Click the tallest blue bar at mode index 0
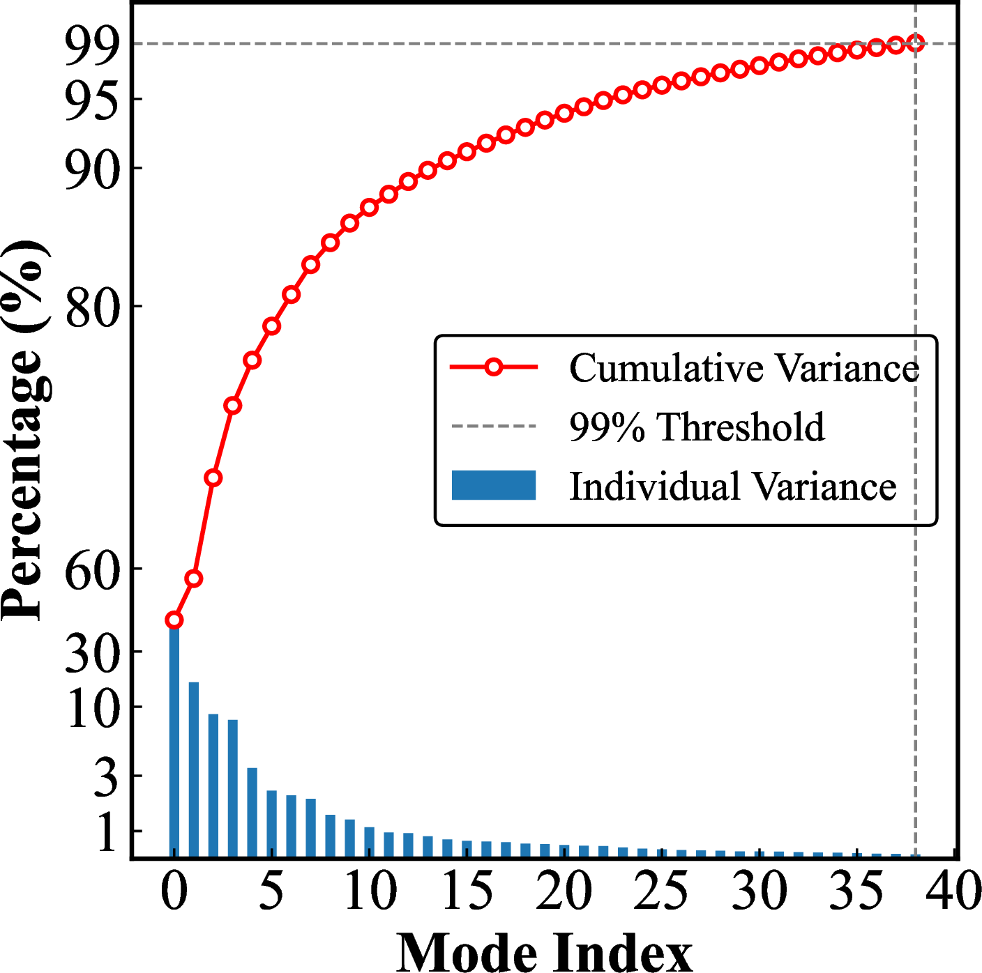(x=174, y=739)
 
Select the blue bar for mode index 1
(x=194, y=769)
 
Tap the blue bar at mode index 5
(x=272, y=824)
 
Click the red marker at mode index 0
(x=174, y=620)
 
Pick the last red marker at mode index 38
(x=916, y=43)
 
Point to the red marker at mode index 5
(x=272, y=326)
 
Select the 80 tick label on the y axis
(x=91, y=307)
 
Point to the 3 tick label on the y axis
(x=106, y=777)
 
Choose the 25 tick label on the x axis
(x=661, y=891)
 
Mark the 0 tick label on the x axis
(x=174, y=891)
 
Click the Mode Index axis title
(x=545, y=951)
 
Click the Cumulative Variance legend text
(x=744, y=367)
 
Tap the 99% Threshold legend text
(x=697, y=427)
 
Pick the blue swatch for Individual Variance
(x=494, y=485)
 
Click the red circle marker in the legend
(x=494, y=367)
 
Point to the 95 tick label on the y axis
(x=91, y=102)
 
